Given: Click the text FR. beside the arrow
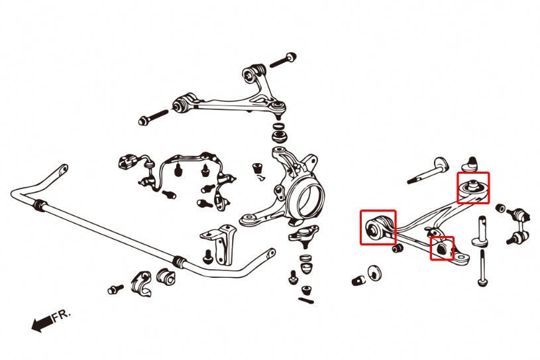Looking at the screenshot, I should point(60,316).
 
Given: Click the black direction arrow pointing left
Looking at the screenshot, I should point(41,324).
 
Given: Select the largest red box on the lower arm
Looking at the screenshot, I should point(378,227).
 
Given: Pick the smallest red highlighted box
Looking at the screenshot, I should point(442,248).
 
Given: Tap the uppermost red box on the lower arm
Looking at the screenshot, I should point(473,188).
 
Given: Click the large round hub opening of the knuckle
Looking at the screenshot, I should point(309,196).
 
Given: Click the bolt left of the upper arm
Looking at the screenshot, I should point(155,119).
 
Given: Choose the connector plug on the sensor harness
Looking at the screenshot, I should point(127,161).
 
